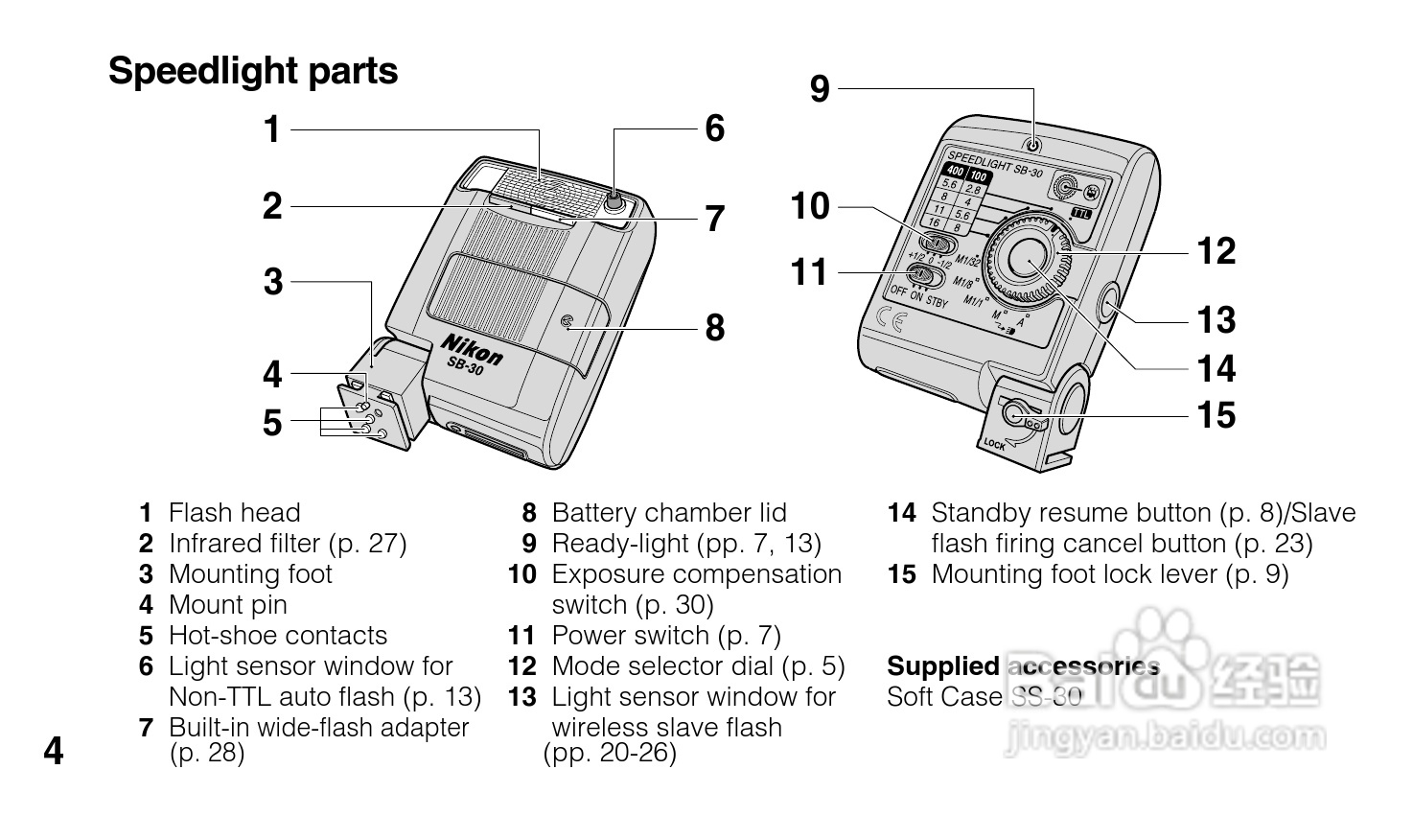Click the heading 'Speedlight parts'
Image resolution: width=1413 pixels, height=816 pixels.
[x=253, y=72]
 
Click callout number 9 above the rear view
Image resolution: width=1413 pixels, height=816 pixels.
[x=820, y=89]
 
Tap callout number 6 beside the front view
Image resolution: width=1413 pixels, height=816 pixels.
[x=715, y=128]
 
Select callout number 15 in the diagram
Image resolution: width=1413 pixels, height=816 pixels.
[x=1216, y=415]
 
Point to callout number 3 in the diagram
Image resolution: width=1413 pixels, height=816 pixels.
[x=273, y=282]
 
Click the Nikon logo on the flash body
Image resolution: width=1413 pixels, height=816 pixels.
[x=471, y=350]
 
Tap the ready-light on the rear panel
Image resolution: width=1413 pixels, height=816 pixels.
[x=1033, y=145]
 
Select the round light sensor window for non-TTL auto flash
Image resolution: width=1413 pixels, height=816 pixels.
[x=614, y=201]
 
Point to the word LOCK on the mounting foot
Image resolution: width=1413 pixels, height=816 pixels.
[x=994, y=445]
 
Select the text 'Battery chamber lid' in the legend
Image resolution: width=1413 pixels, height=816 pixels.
[x=669, y=513]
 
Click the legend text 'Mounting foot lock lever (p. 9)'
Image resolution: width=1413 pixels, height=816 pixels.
[x=1109, y=574]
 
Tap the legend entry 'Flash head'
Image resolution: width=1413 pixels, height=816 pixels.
[x=234, y=513]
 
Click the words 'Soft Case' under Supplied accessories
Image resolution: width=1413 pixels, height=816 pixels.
[x=944, y=697]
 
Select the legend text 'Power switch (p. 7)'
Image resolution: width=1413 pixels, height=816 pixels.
[x=666, y=636]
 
